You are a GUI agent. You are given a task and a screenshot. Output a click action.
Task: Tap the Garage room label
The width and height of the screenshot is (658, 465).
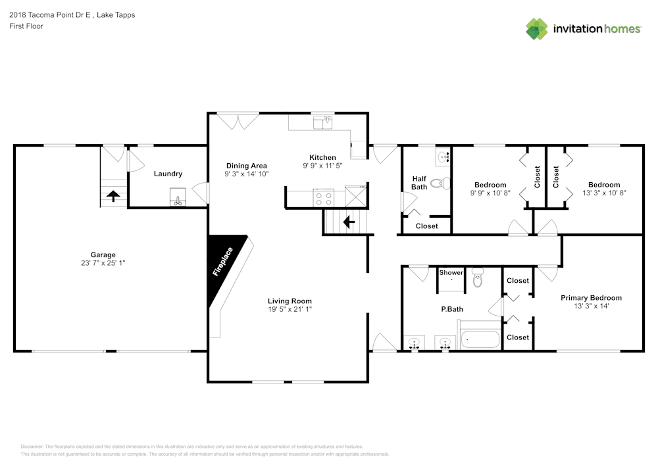pyautogui.click(x=103, y=255)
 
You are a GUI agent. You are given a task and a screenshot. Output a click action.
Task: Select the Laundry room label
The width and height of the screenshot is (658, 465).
pyautogui.click(x=168, y=174)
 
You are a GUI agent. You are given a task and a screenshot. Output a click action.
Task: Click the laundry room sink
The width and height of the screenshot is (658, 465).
pyautogui.click(x=178, y=197)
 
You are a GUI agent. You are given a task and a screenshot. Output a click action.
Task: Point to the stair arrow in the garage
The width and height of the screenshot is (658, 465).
pyautogui.click(x=113, y=195)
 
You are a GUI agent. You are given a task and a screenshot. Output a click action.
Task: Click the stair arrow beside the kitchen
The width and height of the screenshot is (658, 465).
pyautogui.click(x=349, y=222)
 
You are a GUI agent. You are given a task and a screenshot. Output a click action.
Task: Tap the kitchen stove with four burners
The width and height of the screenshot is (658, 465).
pyautogui.click(x=324, y=199)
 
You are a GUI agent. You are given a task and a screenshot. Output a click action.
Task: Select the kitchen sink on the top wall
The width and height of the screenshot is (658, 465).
pyautogui.click(x=322, y=123)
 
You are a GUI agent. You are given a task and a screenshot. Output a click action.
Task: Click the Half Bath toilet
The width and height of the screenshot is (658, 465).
pyautogui.click(x=440, y=184)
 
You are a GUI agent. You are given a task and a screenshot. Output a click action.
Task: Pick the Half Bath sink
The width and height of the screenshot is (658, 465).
pyautogui.click(x=443, y=157)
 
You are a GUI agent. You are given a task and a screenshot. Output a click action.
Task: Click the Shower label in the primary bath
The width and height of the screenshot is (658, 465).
pyautogui.click(x=451, y=272)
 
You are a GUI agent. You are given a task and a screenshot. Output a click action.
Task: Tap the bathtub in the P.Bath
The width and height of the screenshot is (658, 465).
pyautogui.click(x=480, y=339)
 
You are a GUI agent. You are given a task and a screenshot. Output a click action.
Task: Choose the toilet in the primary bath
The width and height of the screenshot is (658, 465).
pyautogui.click(x=478, y=278)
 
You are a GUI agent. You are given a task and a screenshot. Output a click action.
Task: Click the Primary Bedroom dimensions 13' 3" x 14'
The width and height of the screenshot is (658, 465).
pyautogui.click(x=592, y=306)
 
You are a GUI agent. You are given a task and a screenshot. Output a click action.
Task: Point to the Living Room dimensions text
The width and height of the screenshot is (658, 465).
pyautogui.click(x=290, y=309)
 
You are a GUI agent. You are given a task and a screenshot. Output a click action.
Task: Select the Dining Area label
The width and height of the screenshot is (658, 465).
pyautogui.click(x=246, y=166)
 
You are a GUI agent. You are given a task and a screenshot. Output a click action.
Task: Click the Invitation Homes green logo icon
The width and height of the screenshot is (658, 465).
pyautogui.click(x=537, y=29)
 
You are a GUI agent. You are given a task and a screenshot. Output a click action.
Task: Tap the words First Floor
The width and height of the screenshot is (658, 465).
pyautogui.click(x=26, y=26)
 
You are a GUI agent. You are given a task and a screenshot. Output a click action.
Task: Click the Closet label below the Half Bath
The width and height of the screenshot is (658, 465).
pyautogui.click(x=427, y=226)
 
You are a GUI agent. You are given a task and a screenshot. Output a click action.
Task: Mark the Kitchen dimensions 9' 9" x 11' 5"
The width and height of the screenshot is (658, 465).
pyautogui.click(x=322, y=166)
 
